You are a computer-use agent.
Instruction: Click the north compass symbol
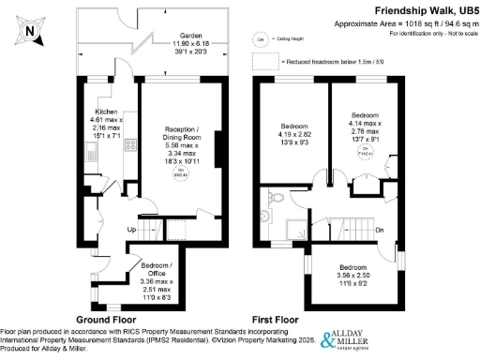point(29,32)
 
